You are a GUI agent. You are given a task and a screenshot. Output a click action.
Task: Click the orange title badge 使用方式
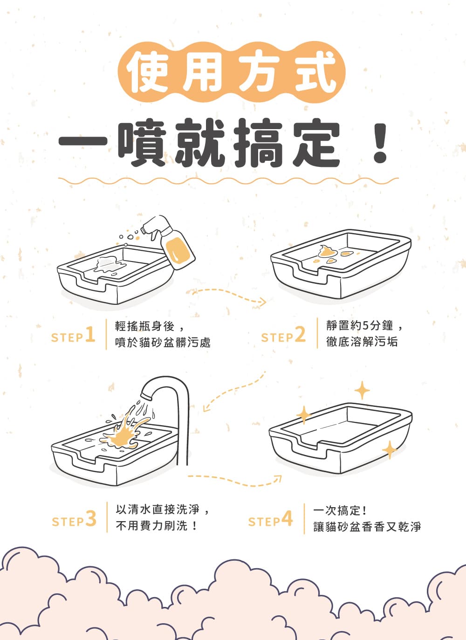pos(232,72)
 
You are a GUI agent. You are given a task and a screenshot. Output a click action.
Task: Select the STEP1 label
pos(73,335)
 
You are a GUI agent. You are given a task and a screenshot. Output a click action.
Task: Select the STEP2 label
pos(283,335)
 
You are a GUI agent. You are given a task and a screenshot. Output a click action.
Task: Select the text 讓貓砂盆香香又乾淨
pos(367,527)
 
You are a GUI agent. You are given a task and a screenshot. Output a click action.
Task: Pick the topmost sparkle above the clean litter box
pos(362,390)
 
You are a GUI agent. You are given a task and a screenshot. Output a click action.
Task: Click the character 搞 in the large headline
pos(259,142)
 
